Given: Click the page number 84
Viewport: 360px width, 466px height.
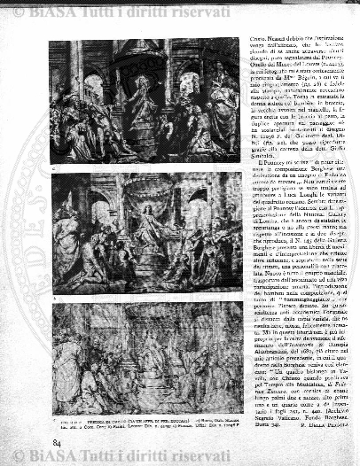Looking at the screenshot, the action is pos(57,441).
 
